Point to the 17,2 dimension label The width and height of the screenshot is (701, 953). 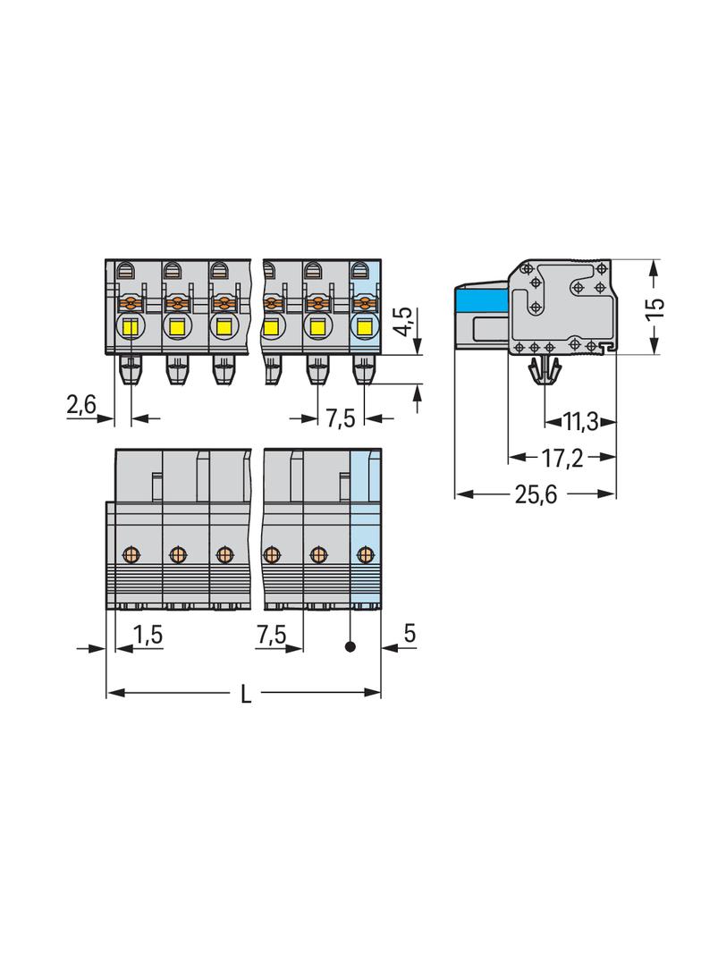pos(562,458)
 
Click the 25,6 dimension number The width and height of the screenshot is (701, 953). pos(536,493)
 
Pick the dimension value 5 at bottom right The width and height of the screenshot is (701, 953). pos(409,633)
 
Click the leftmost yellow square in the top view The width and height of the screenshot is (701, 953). pos(131,326)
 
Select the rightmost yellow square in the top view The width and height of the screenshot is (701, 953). pos(365,326)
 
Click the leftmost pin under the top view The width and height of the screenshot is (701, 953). pos(131,368)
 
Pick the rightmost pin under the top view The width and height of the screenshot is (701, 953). pos(364,368)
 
